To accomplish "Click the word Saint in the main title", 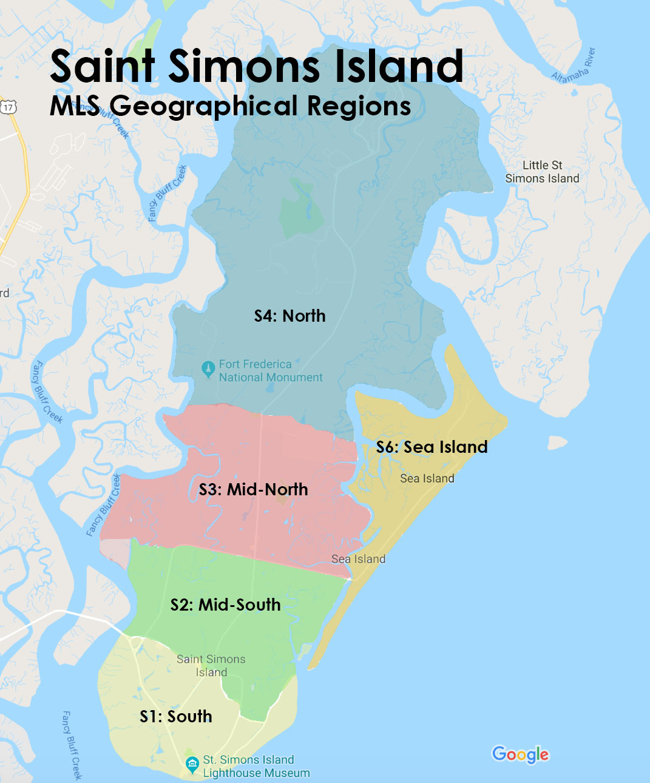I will [x=103, y=66].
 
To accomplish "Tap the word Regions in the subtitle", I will [x=359, y=106].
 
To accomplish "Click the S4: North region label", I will [x=289, y=316].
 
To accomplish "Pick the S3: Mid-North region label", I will [x=253, y=489].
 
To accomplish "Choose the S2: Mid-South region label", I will [x=225, y=605].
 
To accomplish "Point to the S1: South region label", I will [x=176, y=716].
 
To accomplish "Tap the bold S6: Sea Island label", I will [x=432, y=447].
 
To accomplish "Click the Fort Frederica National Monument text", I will [x=270, y=371].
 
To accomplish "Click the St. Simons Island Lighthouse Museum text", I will [x=256, y=767].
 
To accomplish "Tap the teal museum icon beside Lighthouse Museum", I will [x=192, y=764].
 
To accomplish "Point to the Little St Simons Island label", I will [x=542, y=172].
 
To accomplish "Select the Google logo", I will [x=520, y=754].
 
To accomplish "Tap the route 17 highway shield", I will [x=8, y=107].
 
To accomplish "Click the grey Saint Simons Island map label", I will [x=211, y=666].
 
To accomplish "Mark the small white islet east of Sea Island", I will [x=557, y=442].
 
